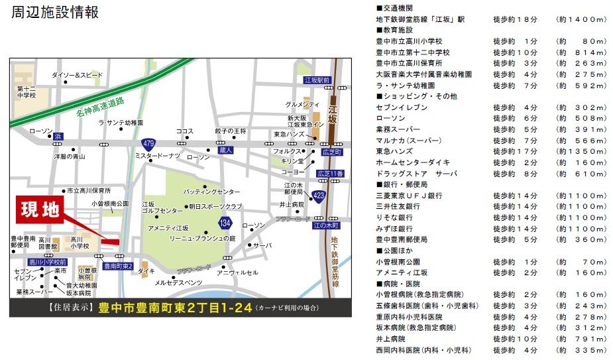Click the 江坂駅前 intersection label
pyautogui.click(x=316, y=80)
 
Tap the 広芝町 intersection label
pyautogui.click(x=330, y=152)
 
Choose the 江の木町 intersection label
pyautogui.click(x=325, y=225)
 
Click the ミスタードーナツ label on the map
pyautogui.click(x=157, y=156)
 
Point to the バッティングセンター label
pyautogui.click(x=212, y=191)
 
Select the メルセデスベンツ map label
pyautogui.click(x=179, y=283)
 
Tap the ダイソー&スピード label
pyautogui.click(x=77, y=75)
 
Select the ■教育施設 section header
pyautogui.click(x=394, y=30)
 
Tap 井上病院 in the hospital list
pyautogui.click(x=392, y=338)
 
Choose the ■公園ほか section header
pyautogui.click(x=398, y=251)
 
